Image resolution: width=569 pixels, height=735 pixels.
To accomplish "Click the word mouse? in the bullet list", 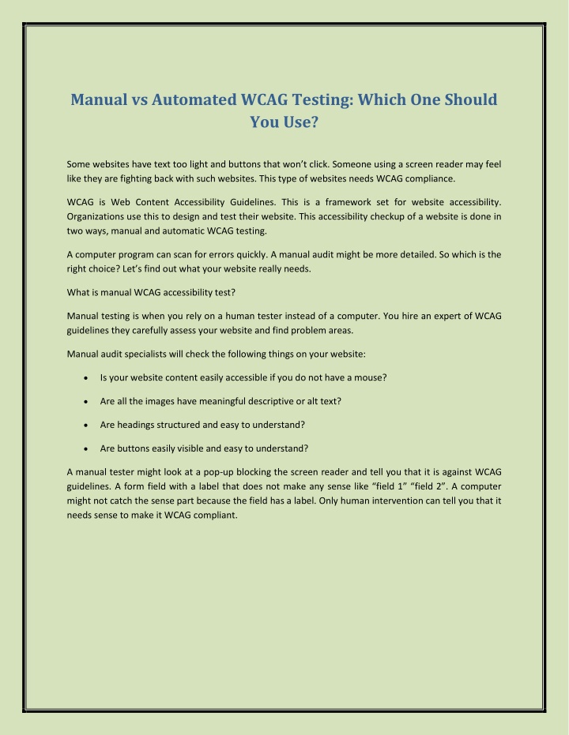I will pyautogui.click(x=369, y=377).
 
